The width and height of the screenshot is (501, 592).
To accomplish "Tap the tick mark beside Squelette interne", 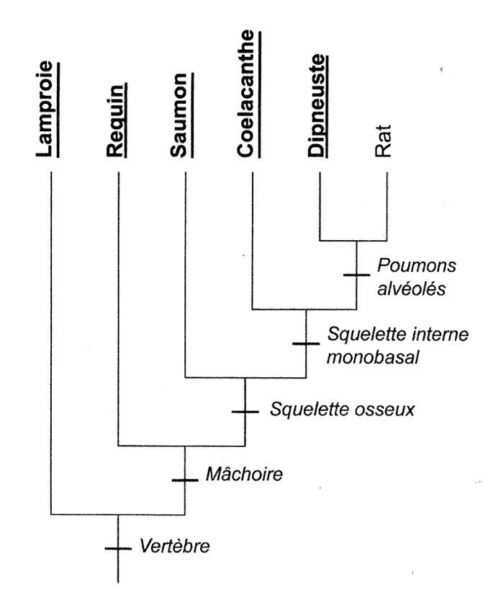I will click(x=306, y=343).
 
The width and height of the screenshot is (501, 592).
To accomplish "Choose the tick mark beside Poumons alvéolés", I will click(x=356, y=275).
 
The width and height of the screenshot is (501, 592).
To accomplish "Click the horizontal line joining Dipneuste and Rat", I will click(x=353, y=240).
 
